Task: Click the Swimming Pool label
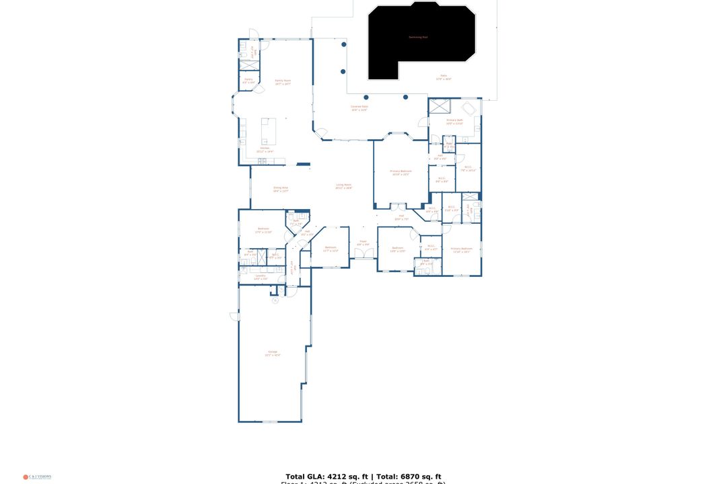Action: point(418,37)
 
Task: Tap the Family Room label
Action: point(283,81)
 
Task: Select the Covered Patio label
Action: point(359,107)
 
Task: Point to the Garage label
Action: point(273,353)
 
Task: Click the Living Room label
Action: point(343,186)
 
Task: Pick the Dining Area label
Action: point(281,189)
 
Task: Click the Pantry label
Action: point(248,80)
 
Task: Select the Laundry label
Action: point(261,277)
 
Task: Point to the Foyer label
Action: point(362,243)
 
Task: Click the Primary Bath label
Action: point(455,121)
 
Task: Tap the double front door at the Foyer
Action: point(363,253)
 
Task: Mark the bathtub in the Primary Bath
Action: point(469,108)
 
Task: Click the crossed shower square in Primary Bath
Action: point(440,106)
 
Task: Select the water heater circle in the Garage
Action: point(275,300)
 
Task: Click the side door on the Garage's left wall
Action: point(234,315)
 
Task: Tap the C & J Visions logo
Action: point(37,477)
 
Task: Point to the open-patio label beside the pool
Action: point(444,77)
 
